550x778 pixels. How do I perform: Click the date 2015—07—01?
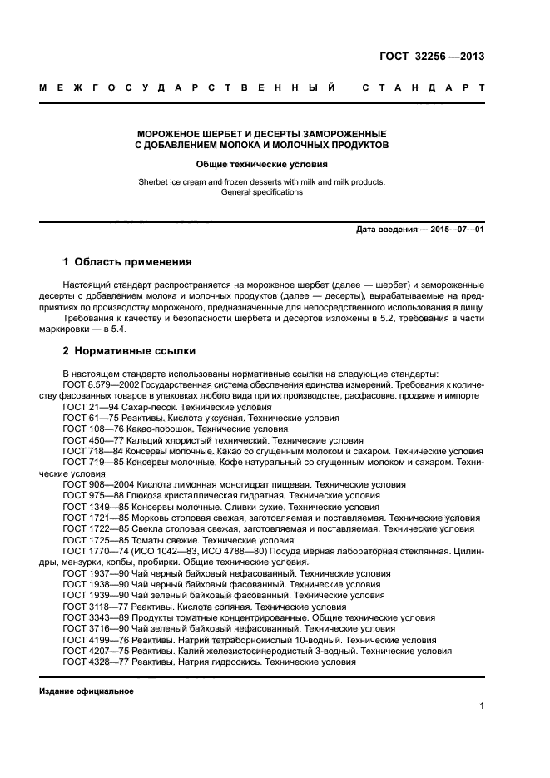[456, 229]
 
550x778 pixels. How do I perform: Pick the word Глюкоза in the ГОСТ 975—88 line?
[145, 494]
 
